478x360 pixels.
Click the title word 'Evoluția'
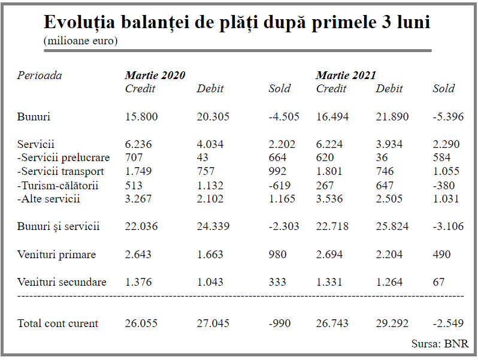(x=79, y=23)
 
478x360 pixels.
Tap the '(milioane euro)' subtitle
(x=80, y=41)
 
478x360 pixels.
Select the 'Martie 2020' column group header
(x=155, y=75)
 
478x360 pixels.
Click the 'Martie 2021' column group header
(x=346, y=75)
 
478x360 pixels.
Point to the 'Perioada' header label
(x=40, y=75)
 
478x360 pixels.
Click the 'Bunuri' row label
(x=34, y=117)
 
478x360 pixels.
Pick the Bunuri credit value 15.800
(x=141, y=117)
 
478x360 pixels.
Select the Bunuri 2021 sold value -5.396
(x=448, y=117)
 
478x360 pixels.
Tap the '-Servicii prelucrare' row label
(x=63, y=158)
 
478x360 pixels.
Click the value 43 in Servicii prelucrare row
(x=202, y=158)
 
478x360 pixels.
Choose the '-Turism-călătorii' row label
(x=58, y=185)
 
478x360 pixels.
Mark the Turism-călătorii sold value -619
(x=280, y=185)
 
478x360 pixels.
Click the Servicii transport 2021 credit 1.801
(x=329, y=171)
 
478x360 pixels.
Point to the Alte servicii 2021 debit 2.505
(x=389, y=199)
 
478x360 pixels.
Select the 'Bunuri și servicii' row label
(x=58, y=226)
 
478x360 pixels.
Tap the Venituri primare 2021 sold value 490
(x=441, y=255)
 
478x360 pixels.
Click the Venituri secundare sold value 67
(x=438, y=282)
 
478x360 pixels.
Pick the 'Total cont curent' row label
(x=58, y=323)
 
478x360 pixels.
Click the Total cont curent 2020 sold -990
(x=280, y=323)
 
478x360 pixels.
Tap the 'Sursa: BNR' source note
(x=440, y=344)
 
